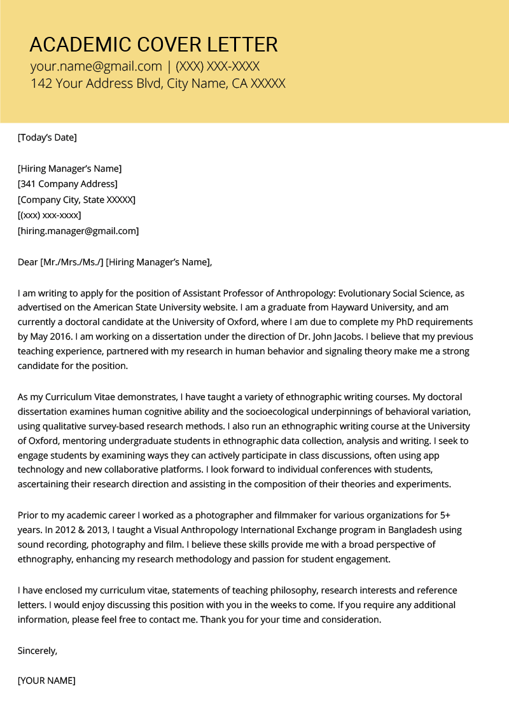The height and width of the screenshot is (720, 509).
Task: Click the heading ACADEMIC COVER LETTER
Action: pyautogui.click(x=153, y=45)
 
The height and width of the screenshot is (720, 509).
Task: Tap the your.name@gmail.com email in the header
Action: pyautogui.click(x=96, y=66)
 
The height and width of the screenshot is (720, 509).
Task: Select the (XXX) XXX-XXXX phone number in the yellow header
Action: pyautogui.click(x=218, y=66)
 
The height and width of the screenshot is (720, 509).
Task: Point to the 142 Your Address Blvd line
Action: pyautogui.click(x=158, y=83)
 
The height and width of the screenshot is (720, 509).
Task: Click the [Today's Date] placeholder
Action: pyautogui.click(x=47, y=137)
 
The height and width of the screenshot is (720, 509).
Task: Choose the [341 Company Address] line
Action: pyautogui.click(x=67, y=184)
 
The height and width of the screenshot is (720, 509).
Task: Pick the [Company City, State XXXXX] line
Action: pyautogui.click(x=76, y=200)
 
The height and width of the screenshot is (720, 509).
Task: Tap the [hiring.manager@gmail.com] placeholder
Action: pyautogui.click(x=78, y=231)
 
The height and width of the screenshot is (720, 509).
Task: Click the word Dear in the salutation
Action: pyautogui.click(x=28, y=261)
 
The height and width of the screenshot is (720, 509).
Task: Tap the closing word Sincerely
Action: pyautogui.click(x=38, y=650)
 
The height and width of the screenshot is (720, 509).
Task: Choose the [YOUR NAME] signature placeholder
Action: pyautogui.click(x=46, y=681)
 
